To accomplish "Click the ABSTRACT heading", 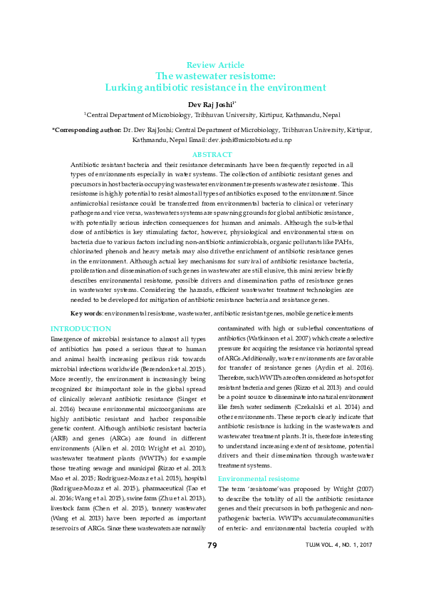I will point(212,155).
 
